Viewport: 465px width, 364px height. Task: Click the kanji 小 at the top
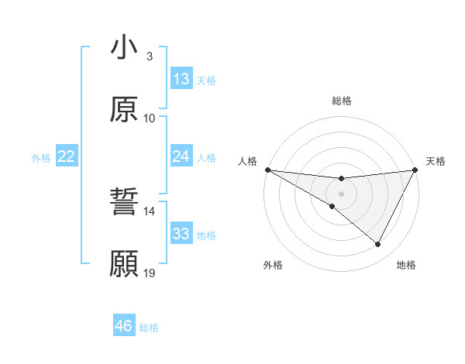124,48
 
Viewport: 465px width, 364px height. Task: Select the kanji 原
124,110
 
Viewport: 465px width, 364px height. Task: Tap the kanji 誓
124,204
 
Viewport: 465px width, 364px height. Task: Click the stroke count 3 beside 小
150,57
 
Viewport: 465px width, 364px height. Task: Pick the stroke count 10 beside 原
150,118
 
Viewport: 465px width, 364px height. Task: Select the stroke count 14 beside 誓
150,211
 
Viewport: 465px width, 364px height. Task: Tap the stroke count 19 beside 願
150,273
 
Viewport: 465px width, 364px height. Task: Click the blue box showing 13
181,79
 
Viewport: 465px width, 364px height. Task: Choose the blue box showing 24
181,156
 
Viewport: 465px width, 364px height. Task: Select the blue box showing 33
181,234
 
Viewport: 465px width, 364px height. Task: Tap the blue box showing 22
67,156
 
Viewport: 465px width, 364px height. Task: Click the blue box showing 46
124,326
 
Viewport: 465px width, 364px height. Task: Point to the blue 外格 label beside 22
41,158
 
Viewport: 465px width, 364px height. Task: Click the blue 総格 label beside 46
149,328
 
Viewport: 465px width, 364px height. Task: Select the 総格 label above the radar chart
341,101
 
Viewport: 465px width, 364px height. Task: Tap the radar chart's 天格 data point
415,170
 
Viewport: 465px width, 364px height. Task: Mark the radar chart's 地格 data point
378,245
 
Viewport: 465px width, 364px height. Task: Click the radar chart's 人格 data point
267,170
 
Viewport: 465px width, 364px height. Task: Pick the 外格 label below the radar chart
273,265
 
